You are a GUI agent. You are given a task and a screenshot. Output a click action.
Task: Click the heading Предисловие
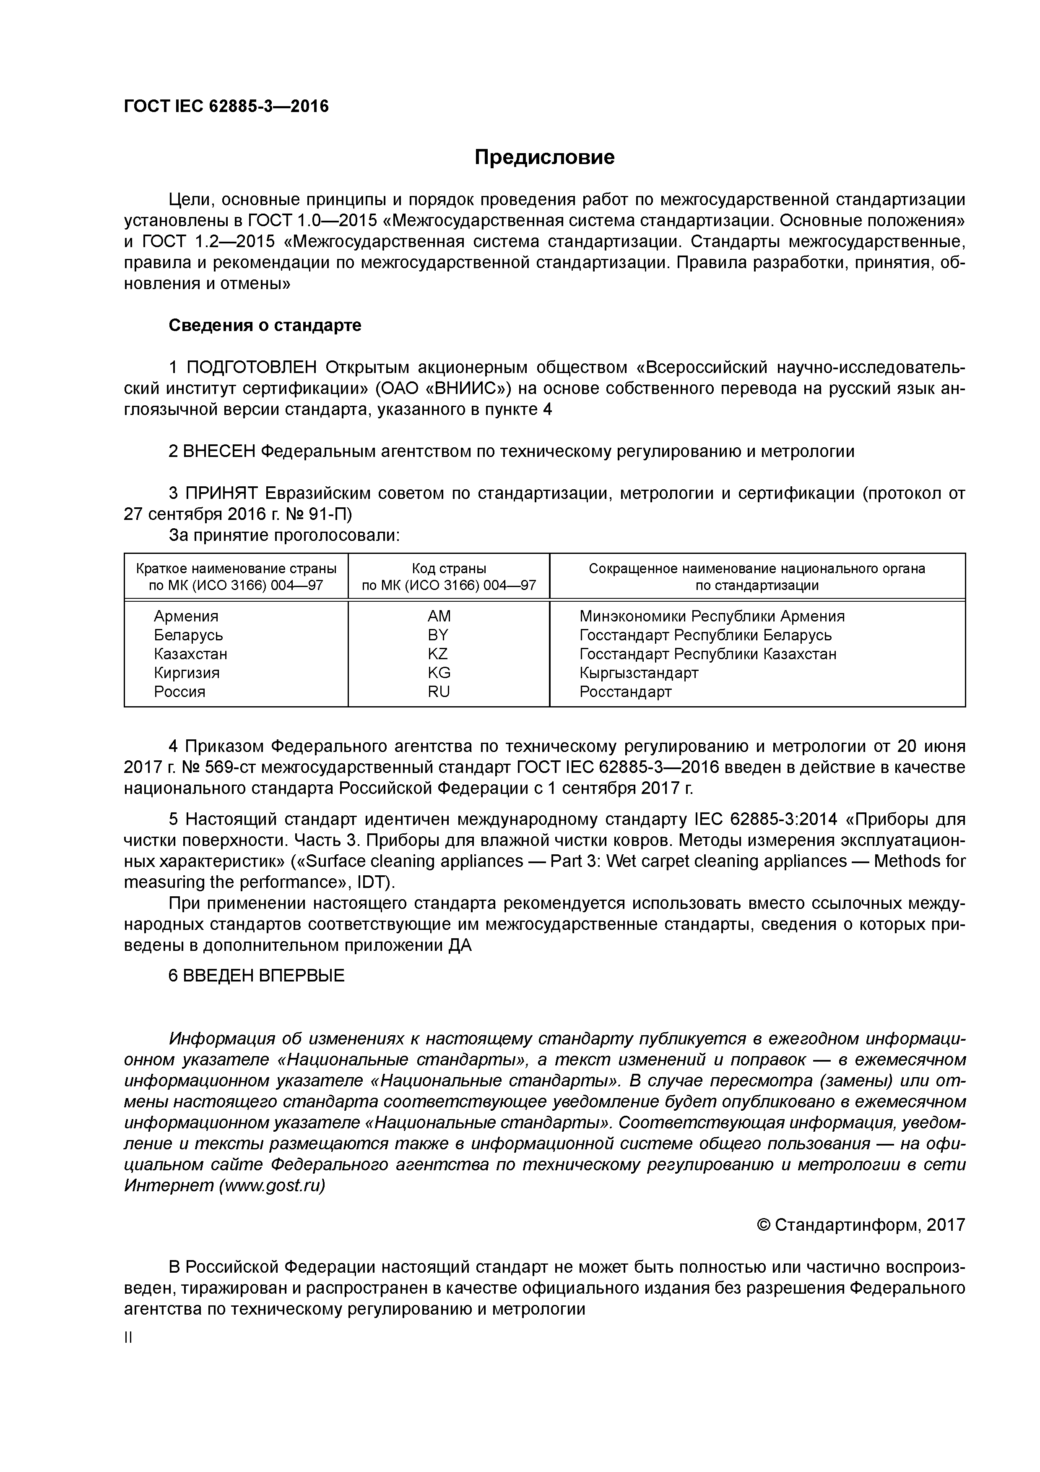pos(544,157)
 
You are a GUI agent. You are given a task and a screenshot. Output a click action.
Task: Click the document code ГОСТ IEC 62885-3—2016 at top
pos(226,106)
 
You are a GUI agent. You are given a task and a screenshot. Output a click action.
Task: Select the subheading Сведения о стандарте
pos(265,325)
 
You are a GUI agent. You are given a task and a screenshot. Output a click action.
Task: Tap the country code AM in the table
pos(439,616)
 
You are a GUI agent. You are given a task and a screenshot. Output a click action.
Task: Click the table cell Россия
pos(179,692)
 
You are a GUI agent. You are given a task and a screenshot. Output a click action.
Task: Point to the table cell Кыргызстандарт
pos(638,673)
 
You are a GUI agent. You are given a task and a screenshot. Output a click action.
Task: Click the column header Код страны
pos(449,569)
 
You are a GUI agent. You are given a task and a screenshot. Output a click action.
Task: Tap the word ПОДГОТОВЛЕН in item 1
pos(251,367)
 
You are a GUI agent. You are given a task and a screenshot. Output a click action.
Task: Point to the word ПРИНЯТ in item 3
pos(221,493)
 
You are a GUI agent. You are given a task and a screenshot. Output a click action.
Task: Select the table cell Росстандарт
pos(625,692)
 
